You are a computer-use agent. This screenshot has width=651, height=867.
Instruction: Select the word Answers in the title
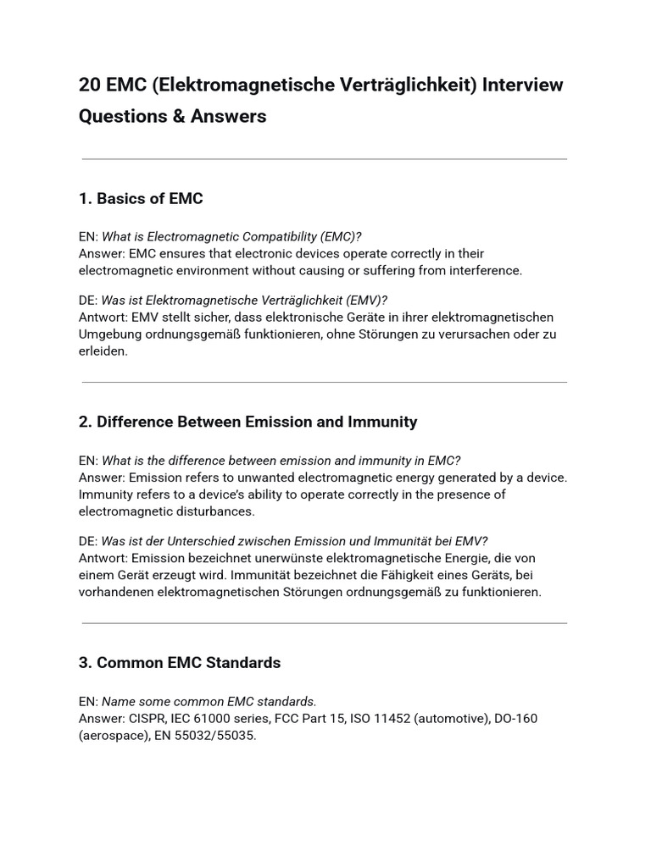coord(228,116)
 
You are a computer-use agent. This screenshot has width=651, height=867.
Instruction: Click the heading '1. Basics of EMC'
coord(141,199)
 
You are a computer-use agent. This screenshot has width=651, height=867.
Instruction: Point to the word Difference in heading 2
coord(133,422)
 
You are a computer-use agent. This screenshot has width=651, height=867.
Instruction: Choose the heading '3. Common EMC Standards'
coord(180,662)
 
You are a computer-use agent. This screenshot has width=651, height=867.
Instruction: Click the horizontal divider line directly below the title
coord(325,159)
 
